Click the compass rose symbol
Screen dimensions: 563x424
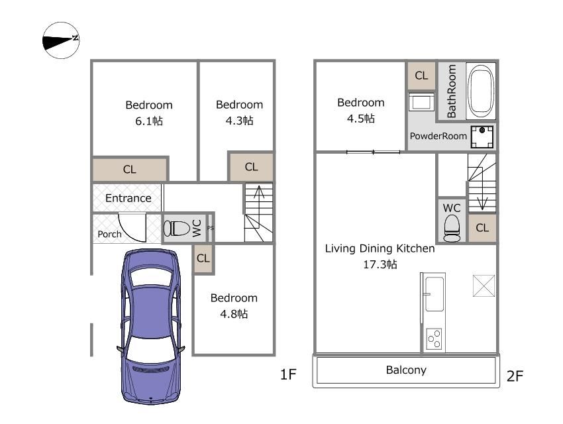coord(61,40)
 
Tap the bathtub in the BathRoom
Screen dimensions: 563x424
coord(482,91)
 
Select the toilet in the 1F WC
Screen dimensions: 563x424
coord(177,229)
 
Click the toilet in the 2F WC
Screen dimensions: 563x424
coord(452,229)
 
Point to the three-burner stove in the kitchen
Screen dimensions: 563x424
coord(434,339)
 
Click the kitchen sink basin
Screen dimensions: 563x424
coord(435,294)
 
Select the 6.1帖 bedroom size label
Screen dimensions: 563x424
coord(149,121)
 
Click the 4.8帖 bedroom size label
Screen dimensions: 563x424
coord(234,314)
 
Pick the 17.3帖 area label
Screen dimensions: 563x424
coord(380,264)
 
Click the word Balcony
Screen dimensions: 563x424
coord(406,370)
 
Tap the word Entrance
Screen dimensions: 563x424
coord(128,198)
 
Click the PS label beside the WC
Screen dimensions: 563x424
coord(211,228)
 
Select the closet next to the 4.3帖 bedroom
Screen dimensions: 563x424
coord(251,167)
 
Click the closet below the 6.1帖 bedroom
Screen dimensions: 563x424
coord(130,169)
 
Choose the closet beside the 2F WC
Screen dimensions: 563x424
coord(482,228)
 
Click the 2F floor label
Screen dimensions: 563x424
coord(515,376)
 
